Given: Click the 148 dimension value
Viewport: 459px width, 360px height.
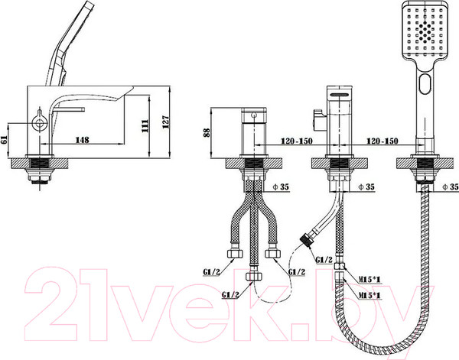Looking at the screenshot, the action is point(83,140).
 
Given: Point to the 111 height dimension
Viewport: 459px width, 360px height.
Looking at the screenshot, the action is point(145,126).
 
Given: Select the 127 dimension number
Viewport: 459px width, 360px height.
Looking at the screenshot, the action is point(165,122).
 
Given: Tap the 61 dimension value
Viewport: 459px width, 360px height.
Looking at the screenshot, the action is point(5,140).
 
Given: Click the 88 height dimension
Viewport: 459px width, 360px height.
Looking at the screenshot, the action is point(207,133).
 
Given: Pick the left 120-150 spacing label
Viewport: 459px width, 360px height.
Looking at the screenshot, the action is point(297,141).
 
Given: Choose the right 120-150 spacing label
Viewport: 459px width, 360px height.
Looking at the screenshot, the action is point(382,141).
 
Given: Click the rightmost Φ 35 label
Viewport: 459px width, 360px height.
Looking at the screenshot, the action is point(451,186).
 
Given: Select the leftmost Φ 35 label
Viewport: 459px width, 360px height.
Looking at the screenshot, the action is point(281,186).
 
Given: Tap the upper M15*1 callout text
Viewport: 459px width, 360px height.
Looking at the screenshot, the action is point(370,280).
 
